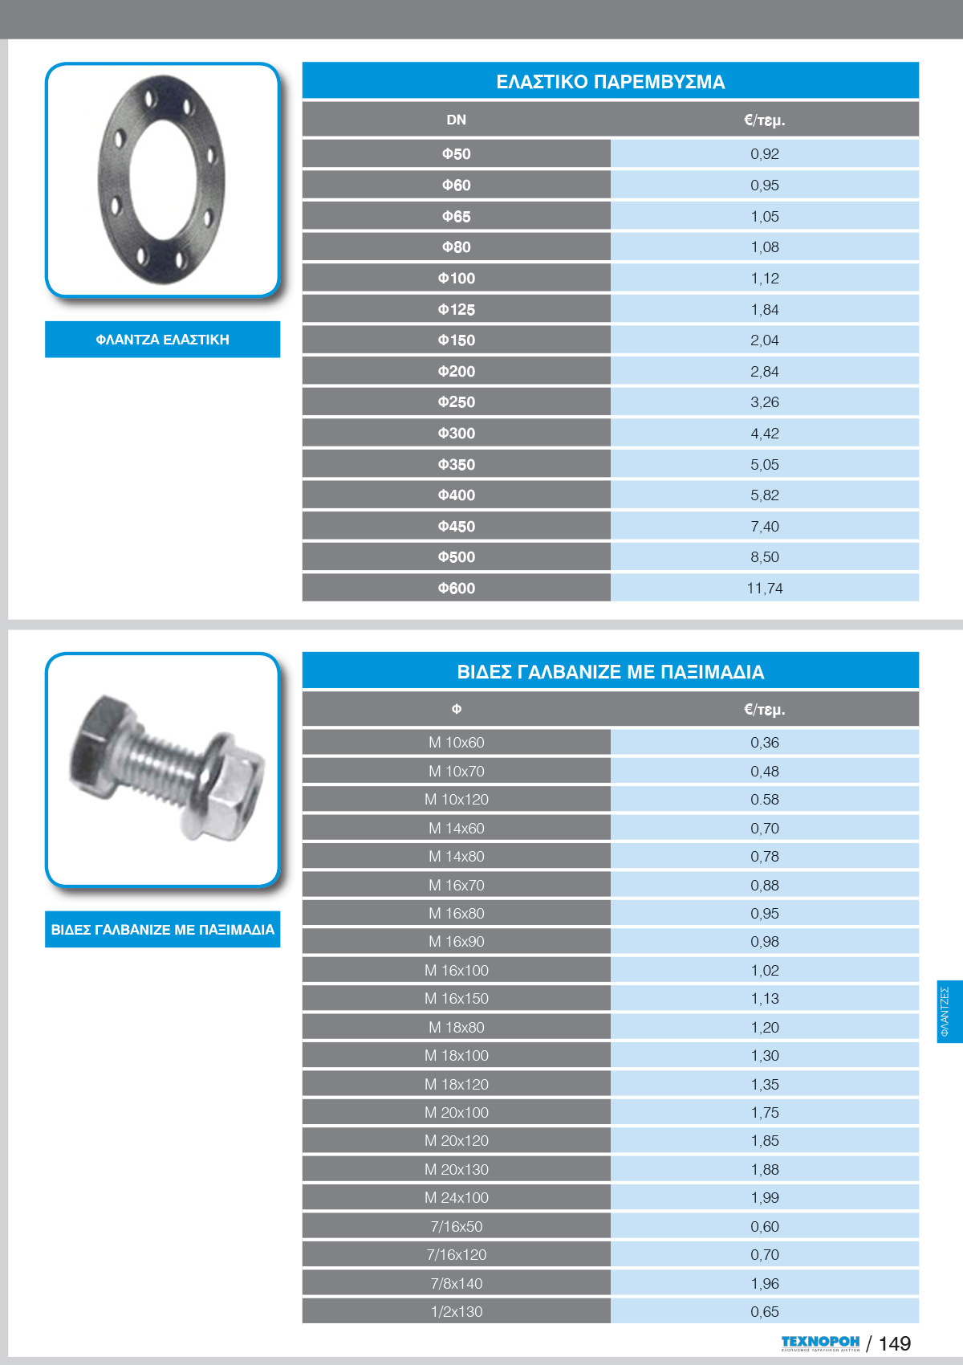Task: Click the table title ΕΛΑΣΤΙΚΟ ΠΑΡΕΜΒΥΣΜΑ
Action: (610, 82)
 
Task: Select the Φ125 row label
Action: (456, 309)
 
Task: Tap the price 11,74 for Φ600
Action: (764, 588)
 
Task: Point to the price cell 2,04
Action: (764, 340)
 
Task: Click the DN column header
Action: (456, 120)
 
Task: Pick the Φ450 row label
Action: (456, 527)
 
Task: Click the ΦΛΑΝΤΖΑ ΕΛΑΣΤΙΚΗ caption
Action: (162, 340)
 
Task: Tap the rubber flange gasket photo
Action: (161, 180)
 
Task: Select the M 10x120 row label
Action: (456, 800)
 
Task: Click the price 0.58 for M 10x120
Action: (764, 800)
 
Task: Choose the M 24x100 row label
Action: (456, 1198)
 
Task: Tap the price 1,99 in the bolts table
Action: (764, 1198)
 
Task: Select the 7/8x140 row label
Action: (456, 1283)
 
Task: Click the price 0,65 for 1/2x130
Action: (764, 1312)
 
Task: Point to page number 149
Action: (895, 1344)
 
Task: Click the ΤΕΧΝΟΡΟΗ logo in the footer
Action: (820, 1343)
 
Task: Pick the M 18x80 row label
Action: (456, 1027)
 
